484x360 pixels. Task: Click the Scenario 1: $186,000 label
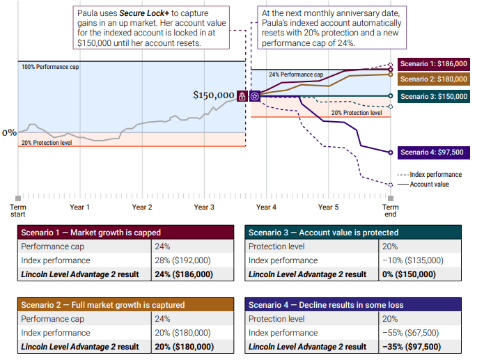coord(433,64)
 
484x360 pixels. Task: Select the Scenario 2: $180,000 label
coord(433,79)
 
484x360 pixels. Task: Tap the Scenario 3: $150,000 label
coord(433,96)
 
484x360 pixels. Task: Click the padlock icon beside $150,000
coord(242,96)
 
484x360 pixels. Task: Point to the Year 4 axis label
coord(266,208)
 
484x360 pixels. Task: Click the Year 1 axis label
coord(79,208)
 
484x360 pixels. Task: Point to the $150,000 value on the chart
coord(214,95)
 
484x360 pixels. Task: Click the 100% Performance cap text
coord(51,67)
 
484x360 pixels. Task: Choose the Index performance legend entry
coord(435,175)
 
